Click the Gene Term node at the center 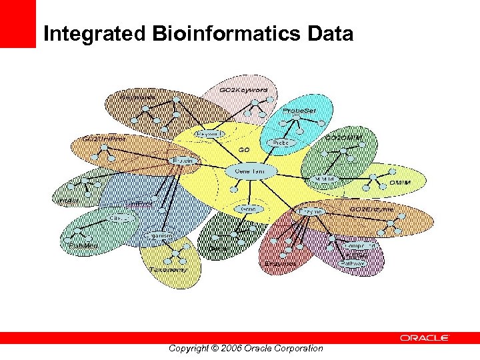coord(249,171)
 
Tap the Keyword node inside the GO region coord(209,135)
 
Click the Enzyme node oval coord(312,211)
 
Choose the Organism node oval coord(159,235)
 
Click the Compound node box coord(361,245)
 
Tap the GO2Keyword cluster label coord(243,90)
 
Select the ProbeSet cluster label coord(299,109)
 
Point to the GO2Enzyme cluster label coord(371,209)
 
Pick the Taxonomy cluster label coord(167,269)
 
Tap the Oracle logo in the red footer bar coord(425,338)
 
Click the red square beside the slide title coord(17,23)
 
